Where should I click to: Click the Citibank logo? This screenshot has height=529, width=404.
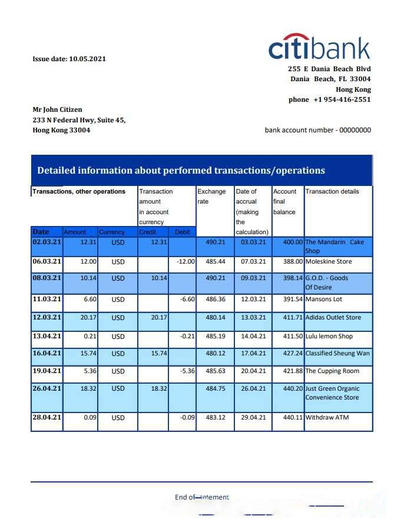(319, 46)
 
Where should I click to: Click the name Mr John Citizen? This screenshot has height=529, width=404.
(57, 109)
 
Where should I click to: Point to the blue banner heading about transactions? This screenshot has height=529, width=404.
(181, 171)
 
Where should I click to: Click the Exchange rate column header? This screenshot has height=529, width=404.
(211, 197)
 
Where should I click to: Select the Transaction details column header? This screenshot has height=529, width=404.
(332, 191)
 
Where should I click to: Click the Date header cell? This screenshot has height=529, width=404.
(41, 232)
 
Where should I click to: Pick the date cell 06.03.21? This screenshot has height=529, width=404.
(47, 261)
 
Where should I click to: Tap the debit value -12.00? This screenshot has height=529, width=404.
(186, 261)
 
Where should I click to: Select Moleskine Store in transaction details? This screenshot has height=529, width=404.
(328, 261)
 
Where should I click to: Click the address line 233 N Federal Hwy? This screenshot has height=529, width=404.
(78, 120)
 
